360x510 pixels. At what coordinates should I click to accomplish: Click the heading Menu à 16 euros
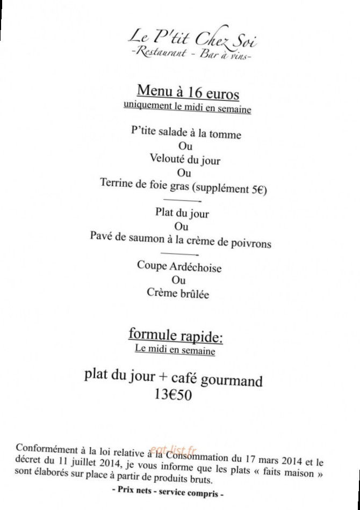(188, 92)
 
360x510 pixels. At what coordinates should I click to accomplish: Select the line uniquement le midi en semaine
(188, 107)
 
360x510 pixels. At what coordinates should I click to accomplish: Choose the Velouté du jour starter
(185, 159)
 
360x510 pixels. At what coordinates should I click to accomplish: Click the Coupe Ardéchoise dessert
(179, 267)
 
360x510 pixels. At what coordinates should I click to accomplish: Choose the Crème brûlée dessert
(178, 294)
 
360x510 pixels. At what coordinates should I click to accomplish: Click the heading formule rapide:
(175, 336)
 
